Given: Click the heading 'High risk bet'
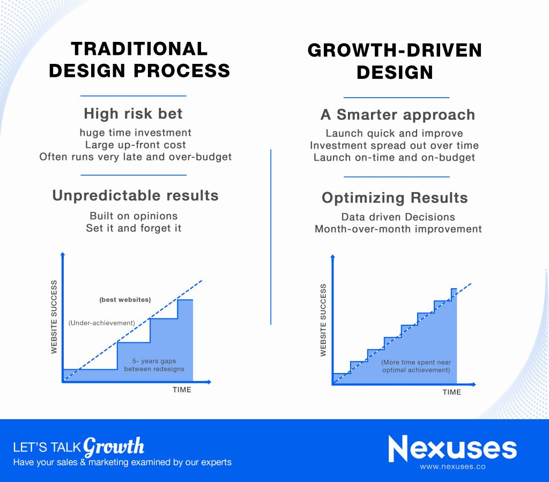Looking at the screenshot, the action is tap(133, 114).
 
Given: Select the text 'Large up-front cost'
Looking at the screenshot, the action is tap(135, 145).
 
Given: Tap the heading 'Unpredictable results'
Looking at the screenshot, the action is tap(135, 195).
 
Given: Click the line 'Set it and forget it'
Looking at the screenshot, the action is tap(133, 228).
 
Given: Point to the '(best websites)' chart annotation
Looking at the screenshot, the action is tap(125, 300).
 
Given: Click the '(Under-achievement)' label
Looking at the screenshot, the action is tap(101, 323).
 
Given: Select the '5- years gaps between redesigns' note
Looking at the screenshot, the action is tap(154, 365).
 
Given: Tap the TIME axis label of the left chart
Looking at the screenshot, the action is tap(182, 390).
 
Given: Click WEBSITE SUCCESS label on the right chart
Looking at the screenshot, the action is tap(323, 320).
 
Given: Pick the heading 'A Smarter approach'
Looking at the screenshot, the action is tap(398, 115).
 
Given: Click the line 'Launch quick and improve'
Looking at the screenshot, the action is tap(394, 133).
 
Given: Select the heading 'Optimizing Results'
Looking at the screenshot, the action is tap(395, 198).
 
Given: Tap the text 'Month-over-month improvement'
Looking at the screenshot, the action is tap(398, 229).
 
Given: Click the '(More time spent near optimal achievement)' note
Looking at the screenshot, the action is tap(416, 366).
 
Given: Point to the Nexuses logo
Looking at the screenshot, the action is tap(452, 449).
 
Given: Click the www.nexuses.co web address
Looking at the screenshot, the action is tap(452, 466).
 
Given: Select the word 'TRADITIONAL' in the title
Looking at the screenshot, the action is tap(139, 49).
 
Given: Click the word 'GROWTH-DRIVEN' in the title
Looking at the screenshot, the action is tap(395, 50).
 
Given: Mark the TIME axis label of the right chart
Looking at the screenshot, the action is tap(451, 392).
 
